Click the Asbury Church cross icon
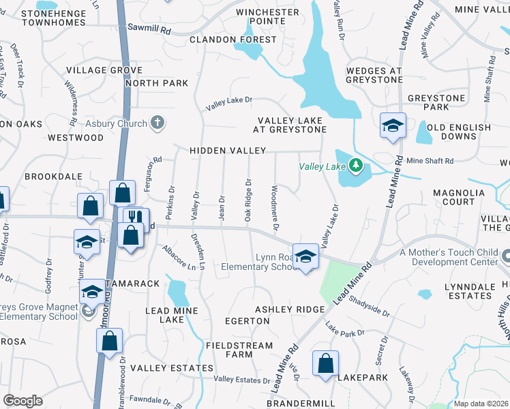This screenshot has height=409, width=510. click(x=157, y=123)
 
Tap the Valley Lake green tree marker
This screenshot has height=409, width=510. click(x=355, y=165)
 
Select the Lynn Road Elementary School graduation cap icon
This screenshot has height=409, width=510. click(x=305, y=256)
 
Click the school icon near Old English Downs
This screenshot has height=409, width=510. click(x=393, y=125)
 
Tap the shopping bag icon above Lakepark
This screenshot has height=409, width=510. click(x=325, y=363)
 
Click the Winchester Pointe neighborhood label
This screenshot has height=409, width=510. click(x=267, y=16)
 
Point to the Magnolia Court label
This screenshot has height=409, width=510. click(x=449, y=197)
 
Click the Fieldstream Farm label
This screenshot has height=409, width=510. click(x=239, y=350)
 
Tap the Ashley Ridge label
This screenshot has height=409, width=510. click(x=290, y=309)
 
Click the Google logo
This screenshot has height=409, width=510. click(x=22, y=400)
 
